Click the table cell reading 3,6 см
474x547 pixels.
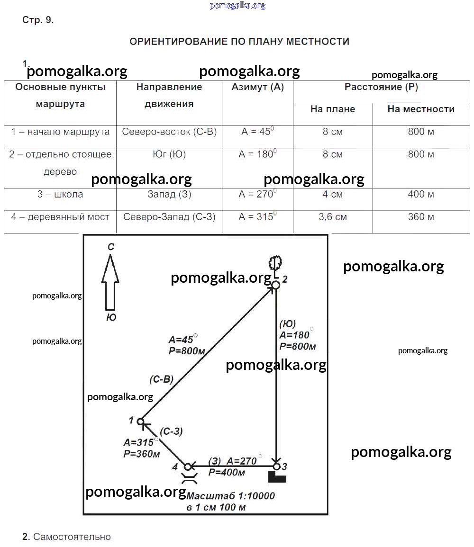tap(333, 217)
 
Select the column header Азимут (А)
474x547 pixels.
tap(257, 87)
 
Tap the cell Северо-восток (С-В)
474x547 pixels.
tap(169, 132)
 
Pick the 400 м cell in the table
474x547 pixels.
tap(421, 194)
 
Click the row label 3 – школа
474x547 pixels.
tap(60, 194)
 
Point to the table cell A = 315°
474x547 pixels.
tap(257, 216)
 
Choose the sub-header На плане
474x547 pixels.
tap(333, 109)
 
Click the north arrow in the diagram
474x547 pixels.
tap(110, 282)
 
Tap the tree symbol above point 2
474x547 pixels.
tap(275, 263)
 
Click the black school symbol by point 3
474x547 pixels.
tap(277, 476)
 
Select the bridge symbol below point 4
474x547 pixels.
tap(190, 478)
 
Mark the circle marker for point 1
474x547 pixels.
tap(140, 421)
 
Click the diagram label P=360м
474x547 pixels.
tap(142, 454)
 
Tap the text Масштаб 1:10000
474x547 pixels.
tap(231, 496)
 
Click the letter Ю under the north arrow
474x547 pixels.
tap(111, 317)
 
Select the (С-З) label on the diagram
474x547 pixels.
tap(171, 431)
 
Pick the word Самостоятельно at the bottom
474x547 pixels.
tap(72, 537)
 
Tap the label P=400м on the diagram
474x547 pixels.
tap(227, 472)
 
